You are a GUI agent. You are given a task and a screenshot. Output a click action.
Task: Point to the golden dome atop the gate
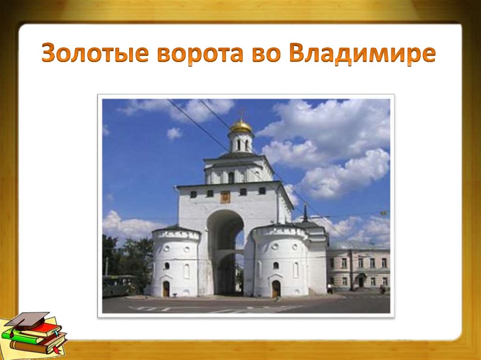click(x=241, y=126)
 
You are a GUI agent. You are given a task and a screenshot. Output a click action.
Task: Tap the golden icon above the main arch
click(x=225, y=196)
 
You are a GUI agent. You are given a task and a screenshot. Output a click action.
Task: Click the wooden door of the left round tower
click(x=166, y=289)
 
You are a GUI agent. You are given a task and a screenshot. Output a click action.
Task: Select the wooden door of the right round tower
click(x=276, y=288)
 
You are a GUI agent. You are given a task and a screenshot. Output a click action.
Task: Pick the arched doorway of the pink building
click(x=361, y=281)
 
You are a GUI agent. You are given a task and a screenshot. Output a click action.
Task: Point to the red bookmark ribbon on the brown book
click(x=56, y=350)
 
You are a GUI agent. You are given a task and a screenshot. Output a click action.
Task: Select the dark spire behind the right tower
click(x=305, y=214)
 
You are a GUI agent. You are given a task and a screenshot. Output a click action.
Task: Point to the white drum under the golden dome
click(x=241, y=142)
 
